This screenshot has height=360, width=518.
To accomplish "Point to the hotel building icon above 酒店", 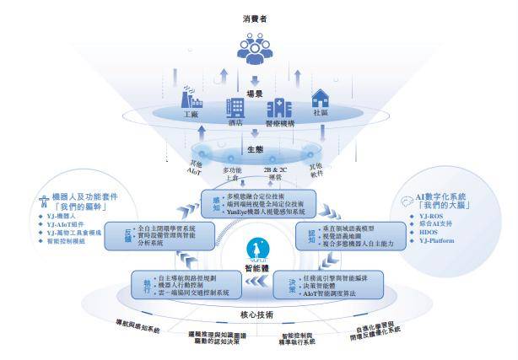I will point(235,109).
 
